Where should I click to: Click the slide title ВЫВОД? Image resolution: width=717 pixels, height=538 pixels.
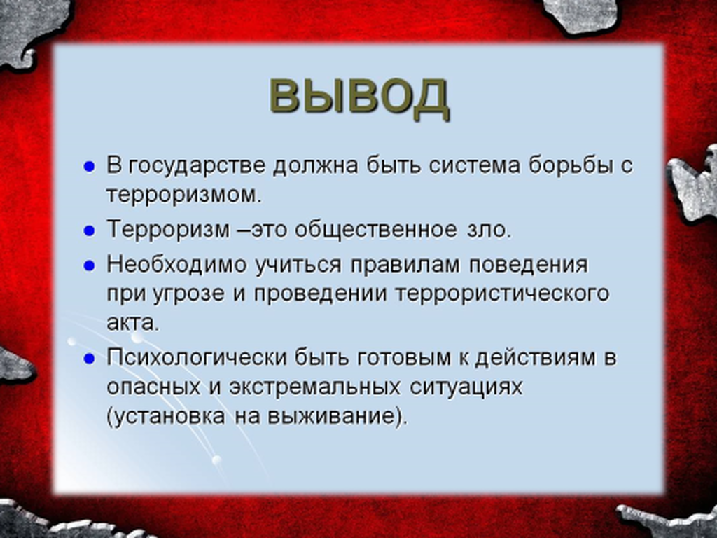358,97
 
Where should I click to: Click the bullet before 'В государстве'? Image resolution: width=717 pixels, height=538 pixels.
89,167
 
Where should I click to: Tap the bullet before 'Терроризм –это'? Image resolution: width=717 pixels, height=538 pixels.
89,231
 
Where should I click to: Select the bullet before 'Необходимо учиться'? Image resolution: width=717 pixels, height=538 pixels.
89,265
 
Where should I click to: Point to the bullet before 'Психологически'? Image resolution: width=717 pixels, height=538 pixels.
89,359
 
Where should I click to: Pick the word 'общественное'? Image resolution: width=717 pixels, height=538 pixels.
375,230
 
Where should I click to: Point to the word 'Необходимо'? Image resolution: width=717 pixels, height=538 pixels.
176,264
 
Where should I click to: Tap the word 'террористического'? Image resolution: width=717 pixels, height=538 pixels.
503,294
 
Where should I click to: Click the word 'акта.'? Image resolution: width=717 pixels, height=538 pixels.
132,323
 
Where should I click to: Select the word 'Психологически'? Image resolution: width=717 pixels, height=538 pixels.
196,358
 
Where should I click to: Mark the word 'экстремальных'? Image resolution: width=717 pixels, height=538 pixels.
315,387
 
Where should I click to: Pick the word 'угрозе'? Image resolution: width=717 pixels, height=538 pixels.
188,294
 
